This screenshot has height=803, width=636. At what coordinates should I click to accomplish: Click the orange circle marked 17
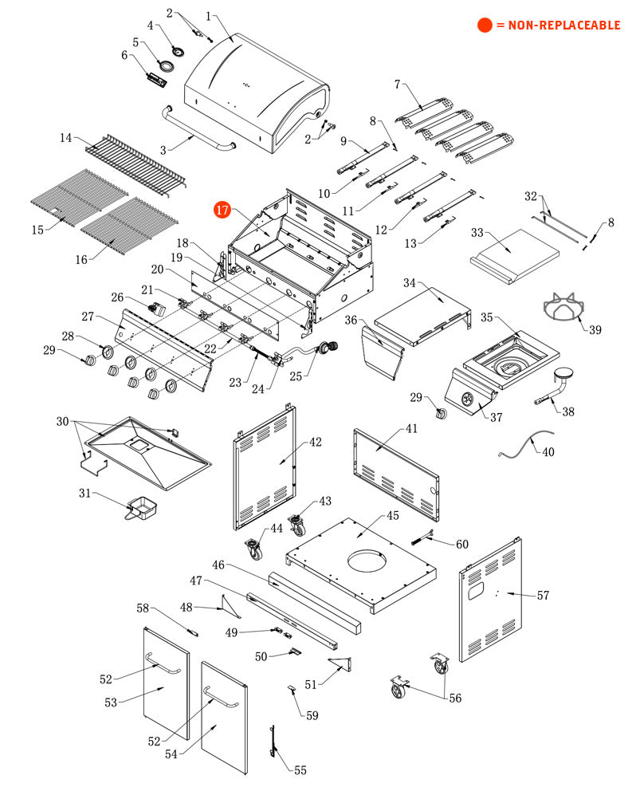point(222,211)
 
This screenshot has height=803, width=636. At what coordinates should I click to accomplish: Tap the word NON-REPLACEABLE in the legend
point(558,26)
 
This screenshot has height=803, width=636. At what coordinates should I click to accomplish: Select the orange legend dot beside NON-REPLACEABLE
point(484,26)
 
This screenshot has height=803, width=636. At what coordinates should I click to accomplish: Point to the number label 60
point(462,544)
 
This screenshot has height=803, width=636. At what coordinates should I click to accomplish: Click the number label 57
point(543,595)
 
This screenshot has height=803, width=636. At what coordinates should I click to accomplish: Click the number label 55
point(300,770)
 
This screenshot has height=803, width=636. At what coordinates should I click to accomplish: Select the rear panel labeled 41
point(396,470)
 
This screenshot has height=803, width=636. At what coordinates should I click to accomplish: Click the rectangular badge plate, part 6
point(156,78)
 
